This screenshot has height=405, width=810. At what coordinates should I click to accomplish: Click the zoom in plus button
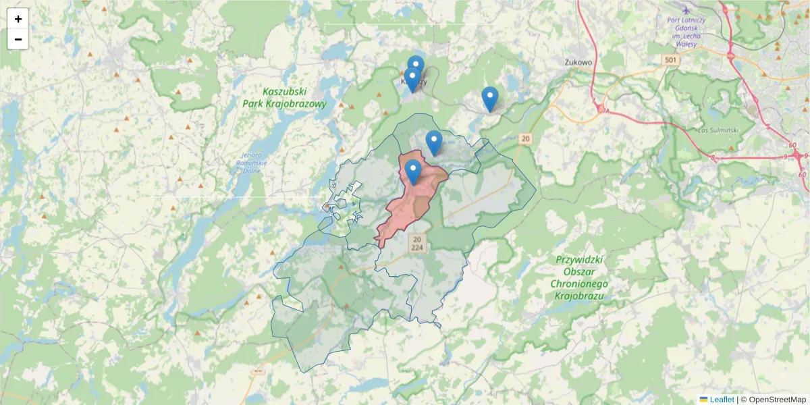point(18,19)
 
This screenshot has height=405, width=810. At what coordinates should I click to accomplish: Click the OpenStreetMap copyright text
point(776,400)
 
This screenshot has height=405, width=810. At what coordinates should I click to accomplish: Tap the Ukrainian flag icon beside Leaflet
point(703,400)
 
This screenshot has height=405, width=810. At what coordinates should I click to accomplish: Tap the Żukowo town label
point(578,62)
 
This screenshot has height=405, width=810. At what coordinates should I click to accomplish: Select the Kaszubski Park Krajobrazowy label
point(284,98)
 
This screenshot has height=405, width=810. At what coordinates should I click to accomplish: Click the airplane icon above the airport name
point(686,10)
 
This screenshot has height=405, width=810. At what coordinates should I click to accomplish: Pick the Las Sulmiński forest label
point(715,129)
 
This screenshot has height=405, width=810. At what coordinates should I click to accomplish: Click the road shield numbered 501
point(670,61)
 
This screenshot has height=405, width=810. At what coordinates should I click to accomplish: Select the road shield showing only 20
point(526,138)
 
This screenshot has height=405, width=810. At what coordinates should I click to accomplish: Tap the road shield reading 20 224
point(418,243)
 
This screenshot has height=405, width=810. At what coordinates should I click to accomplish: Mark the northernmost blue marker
point(416,66)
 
